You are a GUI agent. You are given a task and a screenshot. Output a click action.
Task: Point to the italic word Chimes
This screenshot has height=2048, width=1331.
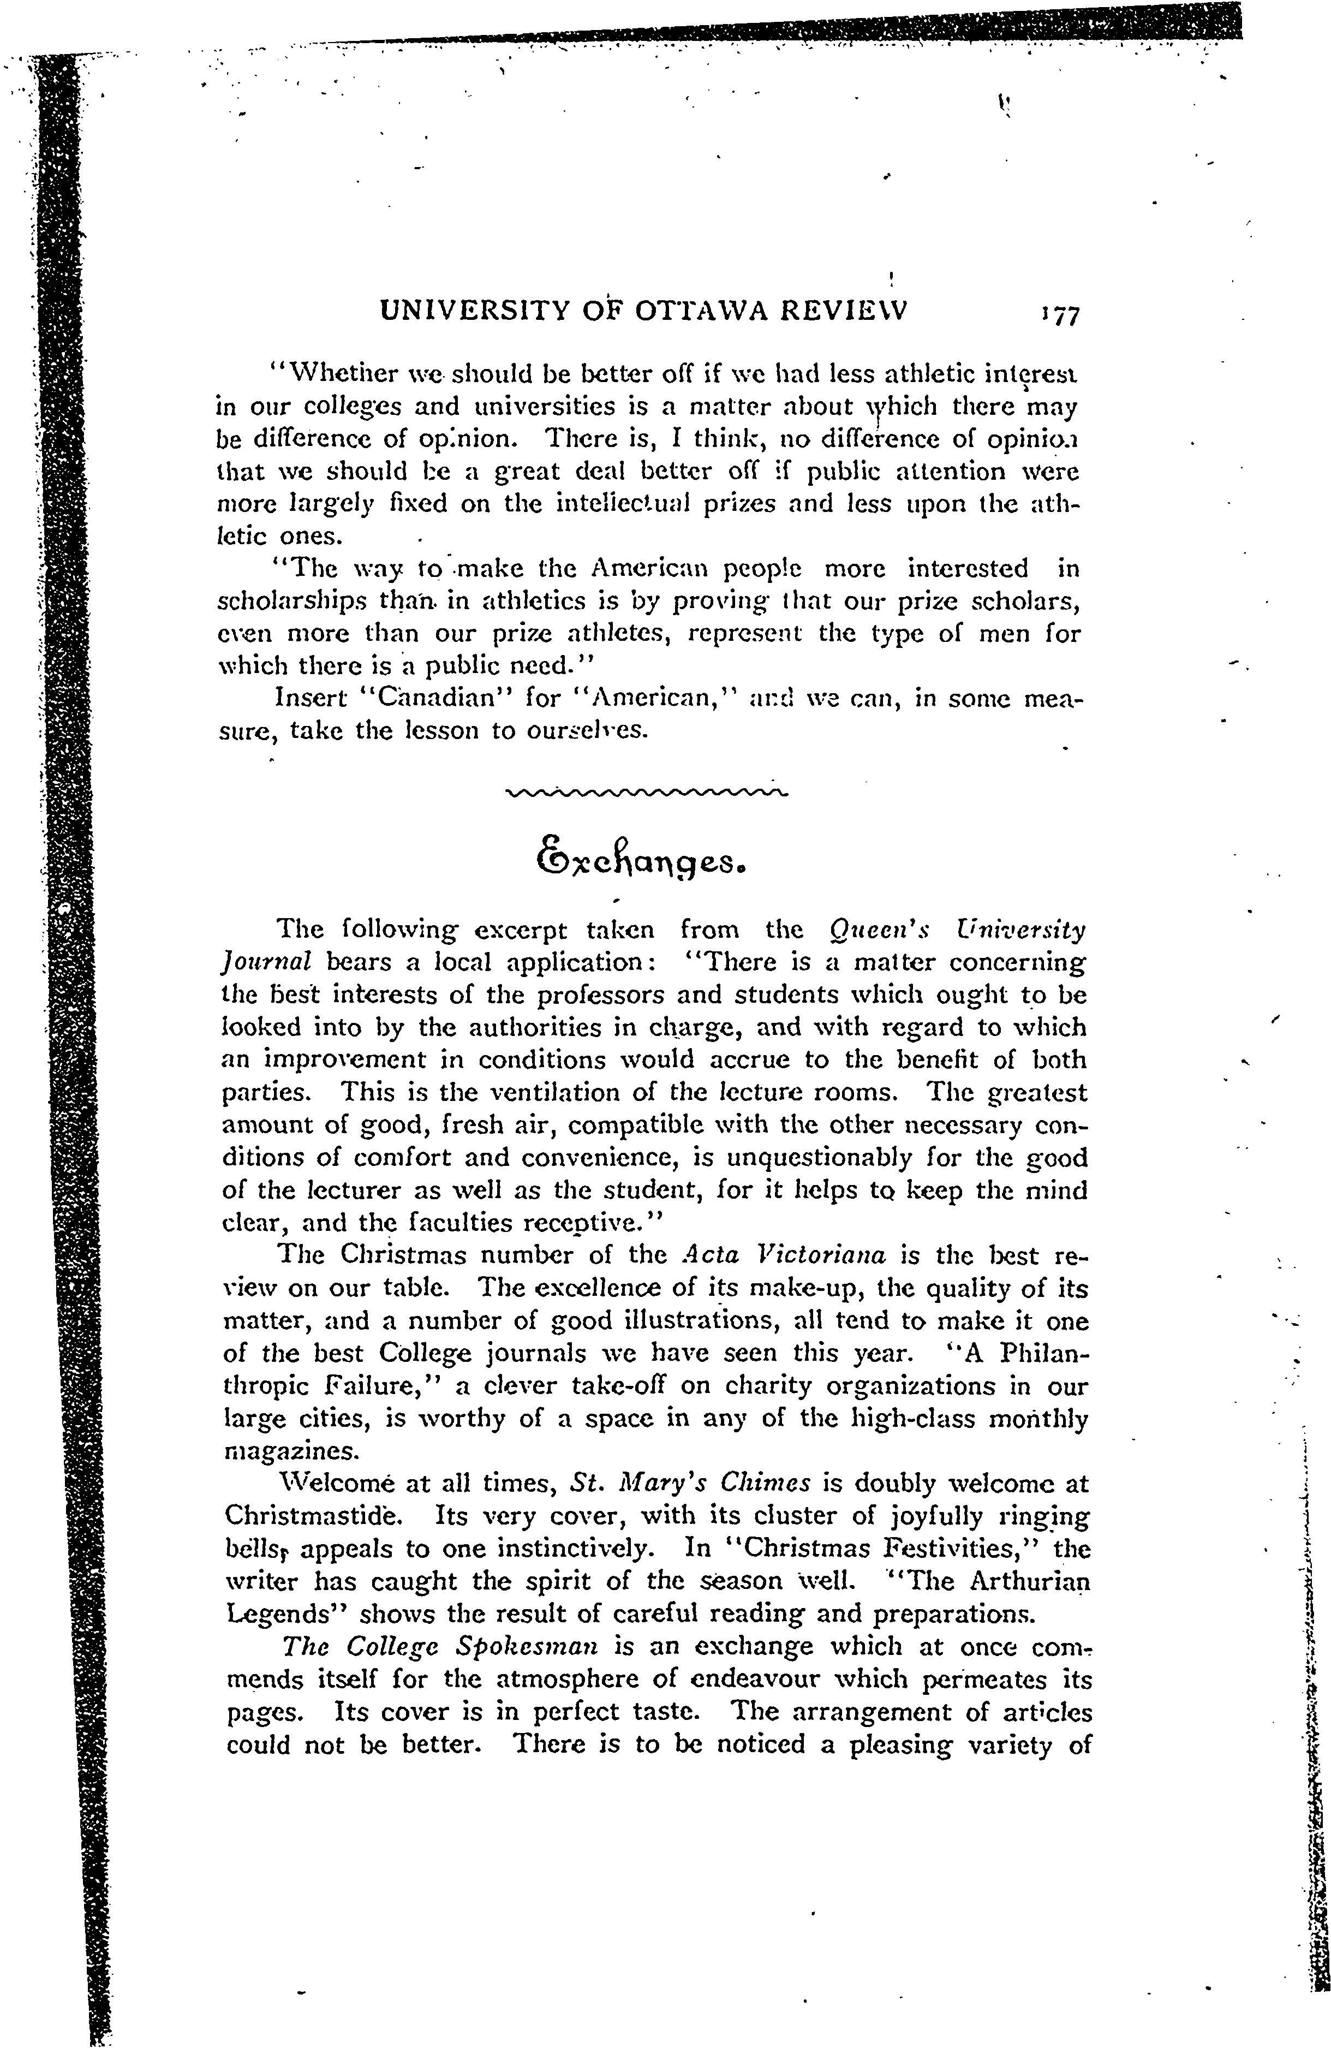tap(766, 1484)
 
